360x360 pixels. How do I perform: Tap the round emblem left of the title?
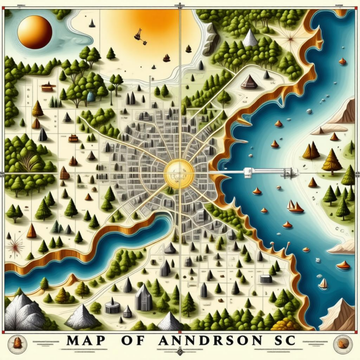(19, 343)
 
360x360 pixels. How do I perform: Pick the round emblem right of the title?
(342, 343)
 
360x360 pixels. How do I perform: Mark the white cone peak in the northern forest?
(250, 38)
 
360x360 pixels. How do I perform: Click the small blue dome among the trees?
(91, 96)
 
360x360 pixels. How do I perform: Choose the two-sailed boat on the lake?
(295, 207)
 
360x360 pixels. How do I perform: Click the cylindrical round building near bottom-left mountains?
(112, 307)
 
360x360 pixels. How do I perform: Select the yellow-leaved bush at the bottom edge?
(279, 325)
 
